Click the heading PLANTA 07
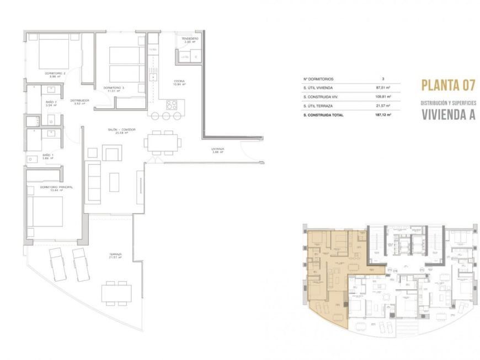[448, 85]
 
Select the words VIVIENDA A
[448, 115]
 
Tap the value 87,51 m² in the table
[382, 88]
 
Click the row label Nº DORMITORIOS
[318, 79]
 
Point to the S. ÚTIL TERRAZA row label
[319, 106]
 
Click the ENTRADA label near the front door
[217, 149]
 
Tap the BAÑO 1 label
[49, 156]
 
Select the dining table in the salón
[162, 142]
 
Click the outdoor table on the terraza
[116, 292]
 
